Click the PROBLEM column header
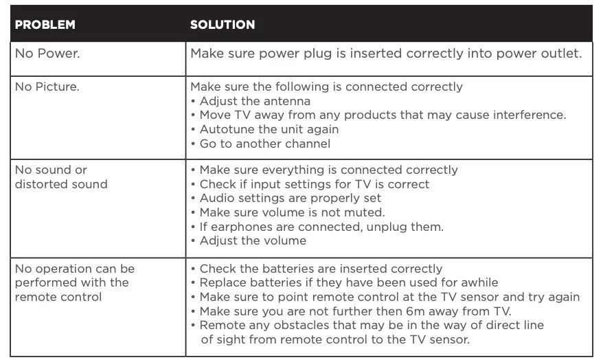45,25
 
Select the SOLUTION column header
222,25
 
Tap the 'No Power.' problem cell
47,54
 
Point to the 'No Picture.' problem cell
50,87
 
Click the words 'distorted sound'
61,184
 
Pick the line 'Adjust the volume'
253,240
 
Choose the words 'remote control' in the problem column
58,297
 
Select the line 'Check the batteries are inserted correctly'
320,269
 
